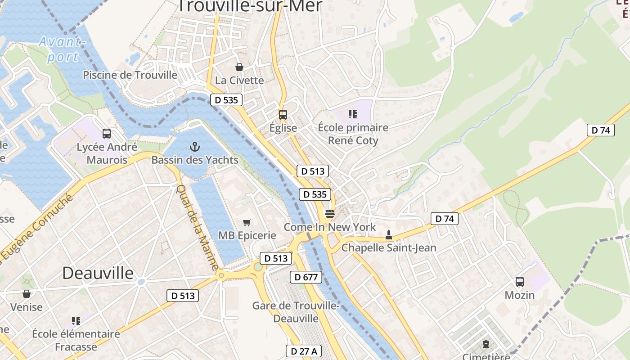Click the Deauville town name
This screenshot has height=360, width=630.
point(98,273)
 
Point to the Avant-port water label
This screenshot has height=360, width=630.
point(62,49)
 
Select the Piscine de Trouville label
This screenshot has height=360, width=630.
point(130,75)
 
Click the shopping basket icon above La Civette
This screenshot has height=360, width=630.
point(239,67)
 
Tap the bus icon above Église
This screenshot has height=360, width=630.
point(283,115)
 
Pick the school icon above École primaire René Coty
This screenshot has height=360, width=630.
point(353,114)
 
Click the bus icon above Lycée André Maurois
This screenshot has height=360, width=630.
point(107,134)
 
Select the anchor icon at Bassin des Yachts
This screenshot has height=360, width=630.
point(195,146)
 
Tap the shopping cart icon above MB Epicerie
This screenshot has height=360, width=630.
point(247,222)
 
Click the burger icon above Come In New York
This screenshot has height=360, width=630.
point(330,214)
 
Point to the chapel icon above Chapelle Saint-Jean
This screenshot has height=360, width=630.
point(389,234)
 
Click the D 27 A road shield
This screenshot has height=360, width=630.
point(304,351)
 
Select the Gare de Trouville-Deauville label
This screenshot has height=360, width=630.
point(296,312)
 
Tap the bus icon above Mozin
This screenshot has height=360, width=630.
point(520,282)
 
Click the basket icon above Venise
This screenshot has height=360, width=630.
point(27,294)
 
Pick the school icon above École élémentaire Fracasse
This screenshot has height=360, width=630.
point(76,321)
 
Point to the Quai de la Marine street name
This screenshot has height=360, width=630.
point(198,228)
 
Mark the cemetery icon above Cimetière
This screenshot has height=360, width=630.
point(486,345)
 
